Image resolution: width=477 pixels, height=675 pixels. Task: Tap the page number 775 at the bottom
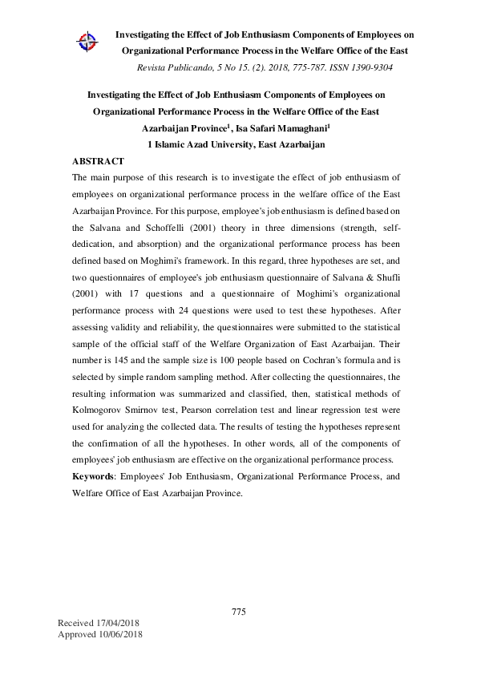point(238,612)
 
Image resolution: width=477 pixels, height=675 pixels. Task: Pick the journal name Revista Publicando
point(176,67)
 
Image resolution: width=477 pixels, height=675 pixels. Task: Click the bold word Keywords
point(93,476)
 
